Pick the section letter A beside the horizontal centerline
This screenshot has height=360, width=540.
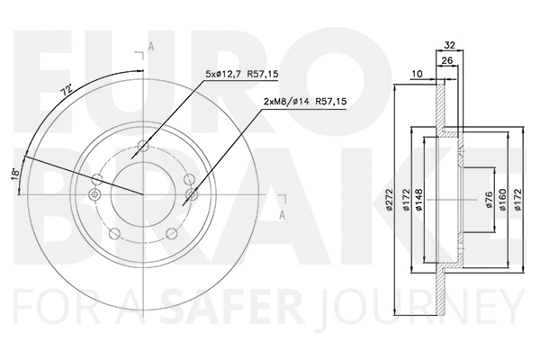click(x=282, y=214)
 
